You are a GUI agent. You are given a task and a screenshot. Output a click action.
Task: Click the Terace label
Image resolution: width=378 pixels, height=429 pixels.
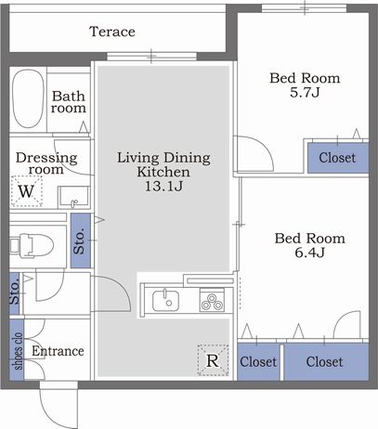pyautogui.click(x=112, y=32)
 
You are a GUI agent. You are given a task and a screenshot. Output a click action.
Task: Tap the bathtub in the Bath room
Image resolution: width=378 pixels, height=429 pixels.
pyautogui.click(x=28, y=98)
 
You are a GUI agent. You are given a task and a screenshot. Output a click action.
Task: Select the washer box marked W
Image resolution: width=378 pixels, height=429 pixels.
pyautogui.click(x=26, y=191)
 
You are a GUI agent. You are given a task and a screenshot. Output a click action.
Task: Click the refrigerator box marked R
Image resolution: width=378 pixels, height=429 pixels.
pyautogui.click(x=213, y=360)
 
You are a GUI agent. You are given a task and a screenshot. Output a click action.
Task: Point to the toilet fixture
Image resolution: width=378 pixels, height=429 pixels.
pyautogui.click(x=31, y=245)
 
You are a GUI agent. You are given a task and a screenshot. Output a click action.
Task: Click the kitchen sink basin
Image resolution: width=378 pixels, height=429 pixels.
pyautogui.click(x=165, y=300)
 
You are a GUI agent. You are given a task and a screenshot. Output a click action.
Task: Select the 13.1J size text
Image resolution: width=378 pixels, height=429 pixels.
pyautogui.click(x=163, y=187)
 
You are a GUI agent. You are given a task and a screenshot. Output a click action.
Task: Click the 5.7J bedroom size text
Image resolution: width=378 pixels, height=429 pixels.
pyautogui.click(x=305, y=92)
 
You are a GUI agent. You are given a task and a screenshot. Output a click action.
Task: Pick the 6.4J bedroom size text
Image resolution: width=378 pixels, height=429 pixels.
pyautogui.click(x=309, y=253)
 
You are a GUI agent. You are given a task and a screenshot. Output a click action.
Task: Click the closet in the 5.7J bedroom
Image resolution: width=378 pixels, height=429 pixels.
pyautogui.click(x=338, y=158)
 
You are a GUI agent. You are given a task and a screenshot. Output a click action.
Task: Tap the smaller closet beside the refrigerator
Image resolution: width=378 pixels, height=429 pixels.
pyautogui.click(x=258, y=361)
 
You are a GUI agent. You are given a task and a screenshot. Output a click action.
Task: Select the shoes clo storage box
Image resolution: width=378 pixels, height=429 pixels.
pyautogui.click(x=17, y=350)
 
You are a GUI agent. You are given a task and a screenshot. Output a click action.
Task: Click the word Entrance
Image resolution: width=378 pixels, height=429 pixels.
pyautogui.click(x=58, y=351)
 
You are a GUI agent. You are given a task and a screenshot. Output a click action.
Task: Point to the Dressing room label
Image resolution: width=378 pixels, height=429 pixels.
pyautogui.click(x=46, y=163)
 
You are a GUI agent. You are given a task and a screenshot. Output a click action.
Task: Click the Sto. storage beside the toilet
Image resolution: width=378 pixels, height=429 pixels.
pyautogui.click(x=81, y=240)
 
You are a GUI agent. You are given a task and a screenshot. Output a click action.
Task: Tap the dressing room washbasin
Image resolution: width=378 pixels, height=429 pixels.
pyautogui.click(x=73, y=198)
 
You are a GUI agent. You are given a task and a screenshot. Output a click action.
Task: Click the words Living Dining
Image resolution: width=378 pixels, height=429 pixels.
pyautogui.click(x=163, y=158)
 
